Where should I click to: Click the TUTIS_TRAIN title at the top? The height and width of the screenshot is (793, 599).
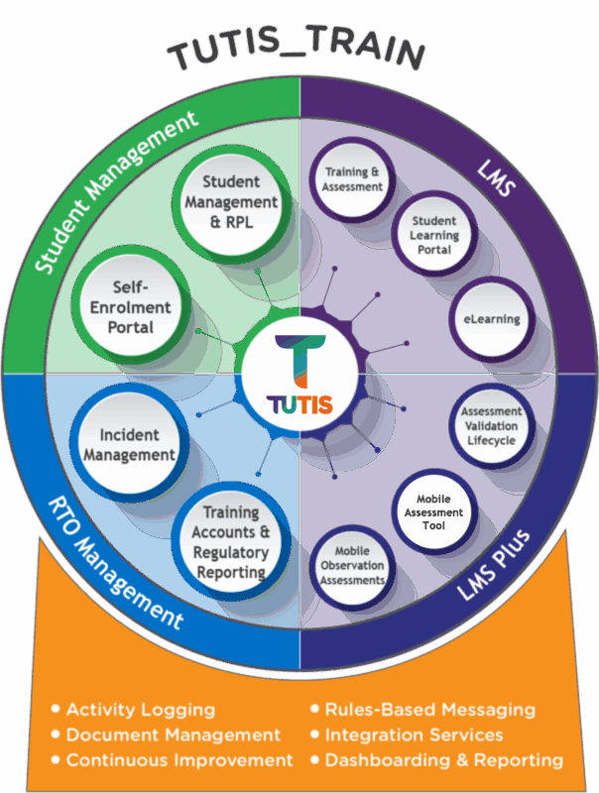[x=299, y=52]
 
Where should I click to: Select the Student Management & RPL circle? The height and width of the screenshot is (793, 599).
[x=230, y=202]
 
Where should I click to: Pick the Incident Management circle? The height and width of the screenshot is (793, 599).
[x=129, y=444]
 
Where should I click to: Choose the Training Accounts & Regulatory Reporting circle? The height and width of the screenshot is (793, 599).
[x=230, y=541]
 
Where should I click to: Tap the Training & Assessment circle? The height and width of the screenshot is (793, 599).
[x=353, y=179]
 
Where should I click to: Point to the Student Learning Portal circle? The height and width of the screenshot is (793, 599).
[x=433, y=235]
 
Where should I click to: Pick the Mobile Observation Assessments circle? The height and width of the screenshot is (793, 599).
[x=353, y=565]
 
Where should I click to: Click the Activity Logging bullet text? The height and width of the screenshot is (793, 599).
[x=140, y=710]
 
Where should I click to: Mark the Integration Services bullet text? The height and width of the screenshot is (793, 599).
[x=414, y=735]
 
